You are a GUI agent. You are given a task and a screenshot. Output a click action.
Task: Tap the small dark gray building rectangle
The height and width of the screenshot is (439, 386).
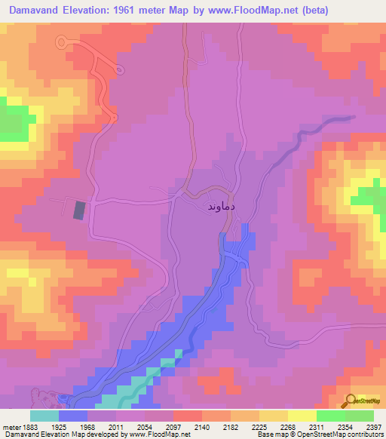coord(79,210)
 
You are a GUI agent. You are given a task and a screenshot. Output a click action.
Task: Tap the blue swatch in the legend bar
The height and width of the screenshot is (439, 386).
coord(72,416)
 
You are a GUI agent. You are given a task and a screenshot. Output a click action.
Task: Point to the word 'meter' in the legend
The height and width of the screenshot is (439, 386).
coord(10,426)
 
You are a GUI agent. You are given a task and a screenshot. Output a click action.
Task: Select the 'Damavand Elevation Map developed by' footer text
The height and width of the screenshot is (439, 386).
coord(48,434)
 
